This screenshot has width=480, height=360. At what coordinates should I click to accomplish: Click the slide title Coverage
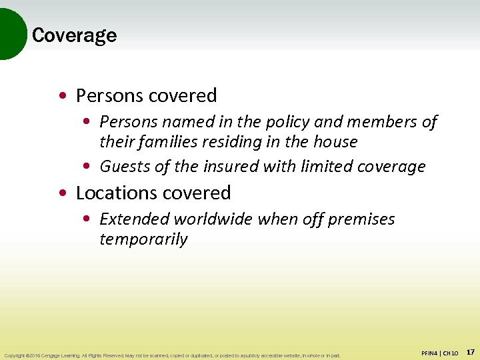[74, 35]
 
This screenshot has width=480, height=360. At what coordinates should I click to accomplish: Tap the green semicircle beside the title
[11, 33]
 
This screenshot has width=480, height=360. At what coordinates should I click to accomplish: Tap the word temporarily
[143, 239]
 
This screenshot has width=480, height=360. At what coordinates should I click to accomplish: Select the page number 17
[471, 351]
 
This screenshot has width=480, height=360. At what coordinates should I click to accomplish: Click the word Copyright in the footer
[15, 355]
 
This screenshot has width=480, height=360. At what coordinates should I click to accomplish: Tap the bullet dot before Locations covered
[61, 193]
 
